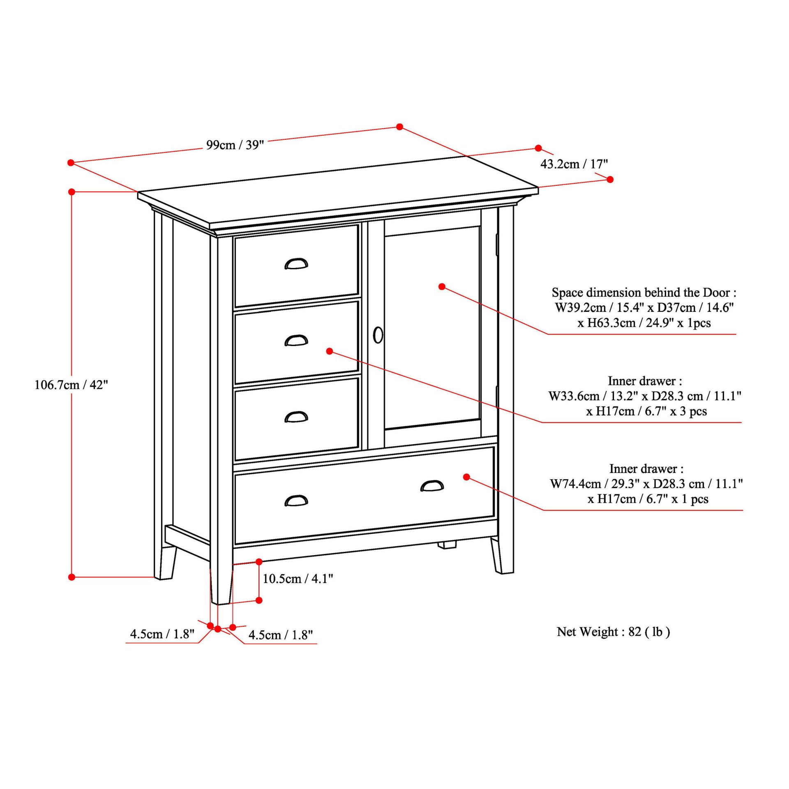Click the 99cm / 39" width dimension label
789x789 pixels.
pos(235,145)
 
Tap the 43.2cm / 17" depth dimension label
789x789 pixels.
pos(574,164)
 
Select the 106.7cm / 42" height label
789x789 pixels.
pos(71,385)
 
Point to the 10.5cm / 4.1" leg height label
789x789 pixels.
pos(298,579)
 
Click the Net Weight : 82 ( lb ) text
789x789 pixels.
pos(613,632)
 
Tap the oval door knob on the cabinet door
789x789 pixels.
pos(378,335)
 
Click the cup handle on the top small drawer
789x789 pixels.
pos(296,264)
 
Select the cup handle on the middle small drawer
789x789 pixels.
pos(296,341)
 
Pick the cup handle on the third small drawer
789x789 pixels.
pos(296,417)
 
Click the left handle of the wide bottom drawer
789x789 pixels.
pos(296,501)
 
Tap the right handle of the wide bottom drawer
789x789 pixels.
pos(432,486)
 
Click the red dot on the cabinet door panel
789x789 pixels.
pos(442,286)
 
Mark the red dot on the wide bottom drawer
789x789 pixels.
pos(466,477)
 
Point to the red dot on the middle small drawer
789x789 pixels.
pos(330,351)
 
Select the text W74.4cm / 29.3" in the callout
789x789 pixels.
pos(594,484)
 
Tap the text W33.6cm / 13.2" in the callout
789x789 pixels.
pos(593,396)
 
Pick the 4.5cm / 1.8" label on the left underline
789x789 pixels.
pos(162,634)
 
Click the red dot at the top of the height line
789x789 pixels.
pos(72,192)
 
